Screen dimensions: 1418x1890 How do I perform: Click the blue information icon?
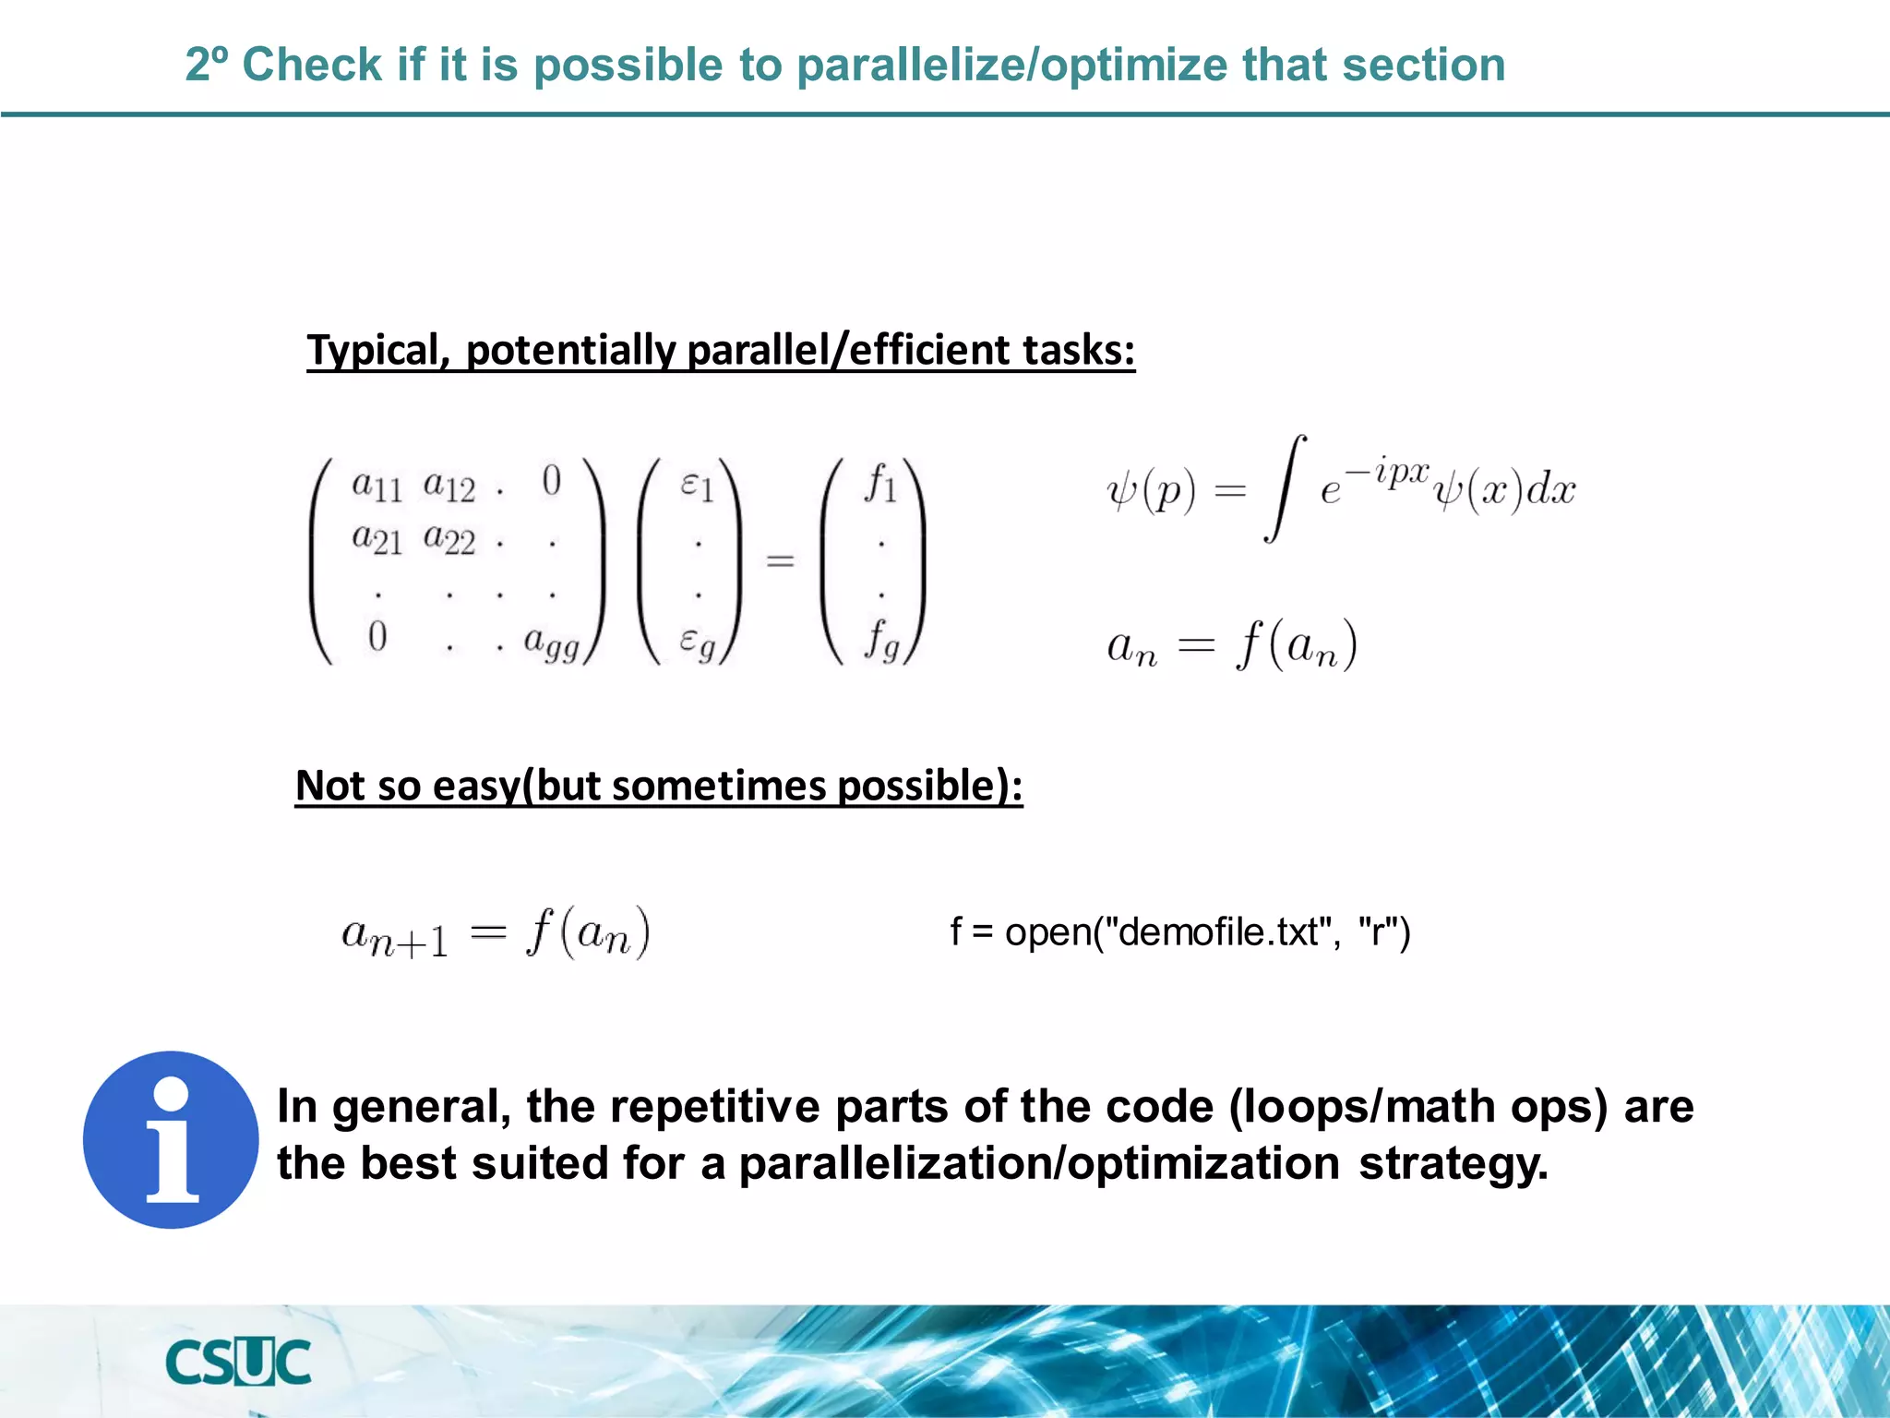click(x=171, y=1139)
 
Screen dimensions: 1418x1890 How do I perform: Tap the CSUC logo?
click(x=238, y=1363)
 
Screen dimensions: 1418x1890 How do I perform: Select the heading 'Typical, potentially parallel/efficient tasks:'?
click(x=721, y=351)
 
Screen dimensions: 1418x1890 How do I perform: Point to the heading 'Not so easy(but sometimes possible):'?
click(x=659, y=787)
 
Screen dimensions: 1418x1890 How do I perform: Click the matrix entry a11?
click(x=377, y=485)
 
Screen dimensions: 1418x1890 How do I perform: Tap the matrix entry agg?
click(x=551, y=642)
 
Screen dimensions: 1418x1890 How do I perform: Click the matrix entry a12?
click(x=449, y=485)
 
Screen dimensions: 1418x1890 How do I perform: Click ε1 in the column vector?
click(x=697, y=485)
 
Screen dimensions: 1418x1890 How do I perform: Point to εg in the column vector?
click(x=697, y=642)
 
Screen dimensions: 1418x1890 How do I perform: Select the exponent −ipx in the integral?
click(x=1387, y=472)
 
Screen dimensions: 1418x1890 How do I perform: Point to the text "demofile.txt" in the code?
click(x=1217, y=932)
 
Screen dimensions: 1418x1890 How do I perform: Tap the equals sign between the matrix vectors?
click(x=780, y=560)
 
